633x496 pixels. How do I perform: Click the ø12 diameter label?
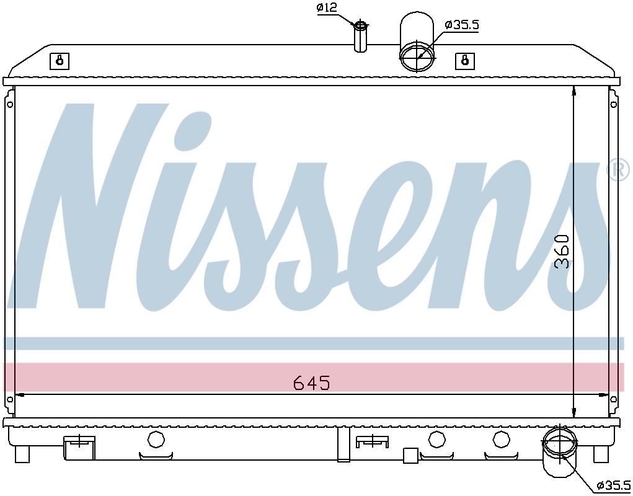click(x=327, y=7)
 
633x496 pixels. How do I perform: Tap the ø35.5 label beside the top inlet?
click(x=462, y=25)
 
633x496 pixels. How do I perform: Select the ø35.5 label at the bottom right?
click(x=614, y=485)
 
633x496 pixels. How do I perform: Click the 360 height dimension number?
click(x=562, y=252)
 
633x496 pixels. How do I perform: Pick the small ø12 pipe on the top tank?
click(x=360, y=37)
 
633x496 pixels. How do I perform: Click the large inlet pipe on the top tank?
click(x=417, y=42)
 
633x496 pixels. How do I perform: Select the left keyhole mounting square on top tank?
click(x=60, y=61)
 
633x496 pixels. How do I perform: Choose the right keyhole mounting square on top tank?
click(x=465, y=61)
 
